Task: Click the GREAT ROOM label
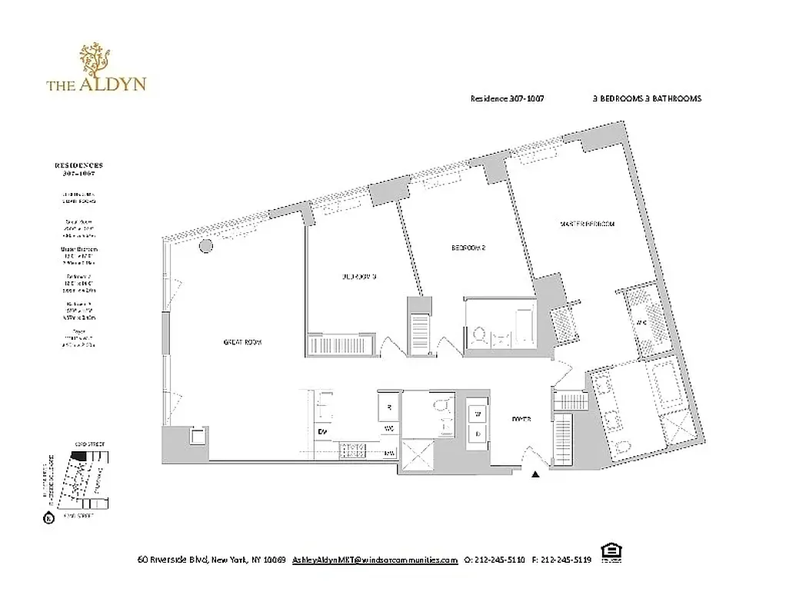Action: click(242, 343)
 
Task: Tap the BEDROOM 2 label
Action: click(468, 248)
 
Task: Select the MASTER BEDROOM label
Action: click(588, 224)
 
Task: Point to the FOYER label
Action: click(523, 420)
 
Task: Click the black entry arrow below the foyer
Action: click(536, 476)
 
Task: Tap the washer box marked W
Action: click(477, 414)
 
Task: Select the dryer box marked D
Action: click(477, 433)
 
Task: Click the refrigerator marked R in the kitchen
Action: click(389, 407)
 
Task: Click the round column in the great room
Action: click(206, 246)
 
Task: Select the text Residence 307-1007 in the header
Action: click(507, 99)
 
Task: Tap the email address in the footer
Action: click(375, 560)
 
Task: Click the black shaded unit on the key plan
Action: click(78, 455)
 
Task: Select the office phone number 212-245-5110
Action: click(500, 560)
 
